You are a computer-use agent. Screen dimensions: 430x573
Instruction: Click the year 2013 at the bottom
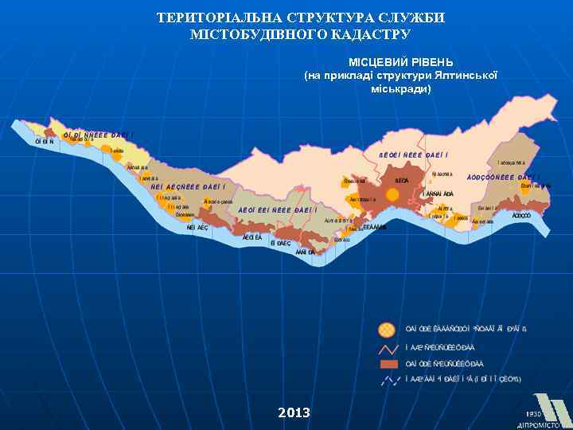(294, 412)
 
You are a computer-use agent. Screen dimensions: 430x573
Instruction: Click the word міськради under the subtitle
(400, 88)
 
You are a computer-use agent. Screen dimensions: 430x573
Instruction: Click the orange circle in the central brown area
(392, 193)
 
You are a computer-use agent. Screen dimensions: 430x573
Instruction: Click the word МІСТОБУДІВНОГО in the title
(252, 35)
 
